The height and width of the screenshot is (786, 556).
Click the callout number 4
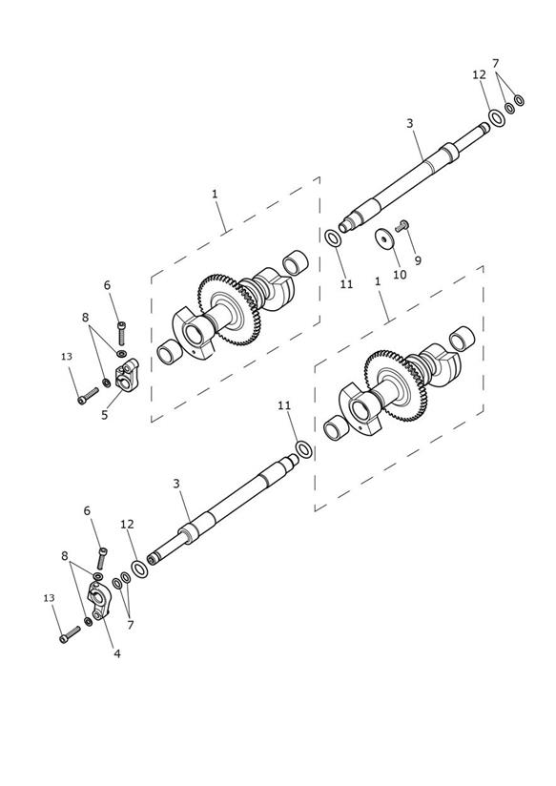[x=116, y=653]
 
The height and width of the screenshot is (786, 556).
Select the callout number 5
[x=104, y=415]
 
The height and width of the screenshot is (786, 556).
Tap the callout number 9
[x=418, y=260]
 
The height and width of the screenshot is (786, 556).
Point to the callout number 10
[x=400, y=275]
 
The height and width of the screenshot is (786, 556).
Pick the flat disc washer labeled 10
[x=384, y=238]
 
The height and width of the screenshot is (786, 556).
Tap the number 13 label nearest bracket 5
[x=67, y=357]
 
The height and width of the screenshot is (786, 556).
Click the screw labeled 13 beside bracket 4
[x=70, y=634]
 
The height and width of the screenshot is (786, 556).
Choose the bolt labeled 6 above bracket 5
[x=121, y=333]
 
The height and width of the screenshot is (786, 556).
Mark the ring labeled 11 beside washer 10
[x=334, y=238]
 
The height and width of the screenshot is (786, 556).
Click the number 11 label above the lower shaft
[x=284, y=405]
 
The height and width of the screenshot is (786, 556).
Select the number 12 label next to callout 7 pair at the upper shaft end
[x=480, y=74]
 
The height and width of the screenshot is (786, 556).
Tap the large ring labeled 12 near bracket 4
[x=139, y=569]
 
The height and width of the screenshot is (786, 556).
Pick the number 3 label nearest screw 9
[x=410, y=123]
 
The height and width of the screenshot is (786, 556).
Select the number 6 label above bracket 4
[x=87, y=510]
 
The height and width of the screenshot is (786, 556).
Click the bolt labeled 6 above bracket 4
[x=102, y=558]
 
